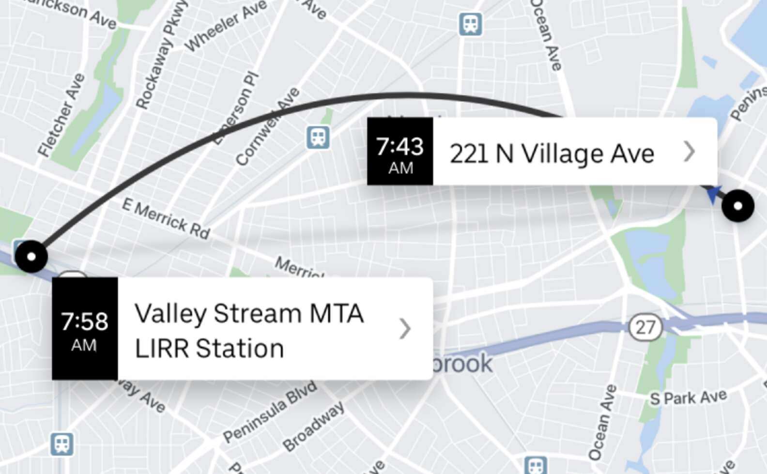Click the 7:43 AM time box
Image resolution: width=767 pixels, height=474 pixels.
400,152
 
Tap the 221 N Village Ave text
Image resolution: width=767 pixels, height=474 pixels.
552,154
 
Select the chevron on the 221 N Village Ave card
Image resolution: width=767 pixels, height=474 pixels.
690,152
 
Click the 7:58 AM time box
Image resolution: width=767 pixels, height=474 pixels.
85,329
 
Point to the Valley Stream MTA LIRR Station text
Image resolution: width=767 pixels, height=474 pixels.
249,331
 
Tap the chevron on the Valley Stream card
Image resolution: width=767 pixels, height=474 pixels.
405,329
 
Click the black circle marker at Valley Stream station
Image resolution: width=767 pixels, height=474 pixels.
31,256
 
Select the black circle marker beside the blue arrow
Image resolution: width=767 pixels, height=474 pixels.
737,206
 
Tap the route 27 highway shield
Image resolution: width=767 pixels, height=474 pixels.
645,327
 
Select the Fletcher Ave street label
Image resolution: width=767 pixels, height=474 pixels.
61,116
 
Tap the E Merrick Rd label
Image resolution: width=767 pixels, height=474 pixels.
166,219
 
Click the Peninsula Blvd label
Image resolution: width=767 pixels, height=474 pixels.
270,412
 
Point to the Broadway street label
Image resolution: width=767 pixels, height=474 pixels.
314,427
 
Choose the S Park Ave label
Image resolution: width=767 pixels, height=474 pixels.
688,398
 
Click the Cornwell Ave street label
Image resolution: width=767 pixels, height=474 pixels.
267,127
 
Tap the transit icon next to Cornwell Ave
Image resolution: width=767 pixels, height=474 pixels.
318,138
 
